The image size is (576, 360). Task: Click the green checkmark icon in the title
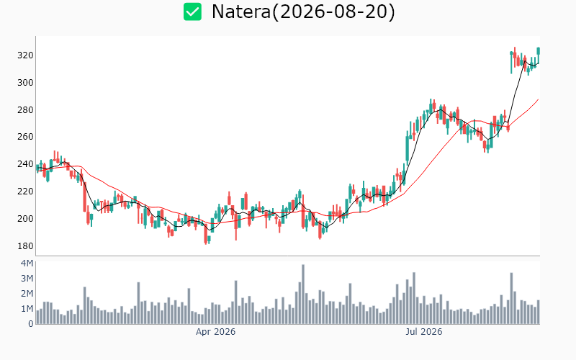coord(192,12)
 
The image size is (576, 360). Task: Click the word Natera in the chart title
coord(241,12)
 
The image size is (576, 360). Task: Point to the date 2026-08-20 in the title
coord(333,12)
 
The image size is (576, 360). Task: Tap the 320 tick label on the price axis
coord(25,55)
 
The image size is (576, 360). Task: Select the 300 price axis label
coord(25,83)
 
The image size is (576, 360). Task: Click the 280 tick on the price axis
coord(25,110)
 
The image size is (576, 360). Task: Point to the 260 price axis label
coord(25,137)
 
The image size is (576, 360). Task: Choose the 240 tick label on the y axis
coord(25,164)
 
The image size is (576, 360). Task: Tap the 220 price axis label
coord(25,192)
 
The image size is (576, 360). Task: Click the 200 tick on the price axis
coord(25,219)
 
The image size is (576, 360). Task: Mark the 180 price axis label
coord(25,246)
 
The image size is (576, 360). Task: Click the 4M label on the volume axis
coord(27,264)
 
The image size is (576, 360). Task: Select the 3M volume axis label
coord(27,279)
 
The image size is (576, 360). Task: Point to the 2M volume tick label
coord(27,294)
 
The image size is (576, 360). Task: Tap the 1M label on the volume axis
coord(27,309)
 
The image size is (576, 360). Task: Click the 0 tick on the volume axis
coord(31,323)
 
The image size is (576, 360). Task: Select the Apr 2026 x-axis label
coord(215,332)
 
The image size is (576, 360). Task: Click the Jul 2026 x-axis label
coord(424,332)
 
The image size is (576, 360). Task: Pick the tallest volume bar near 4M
coord(303,294)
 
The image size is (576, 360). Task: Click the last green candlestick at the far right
coord(539,51)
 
